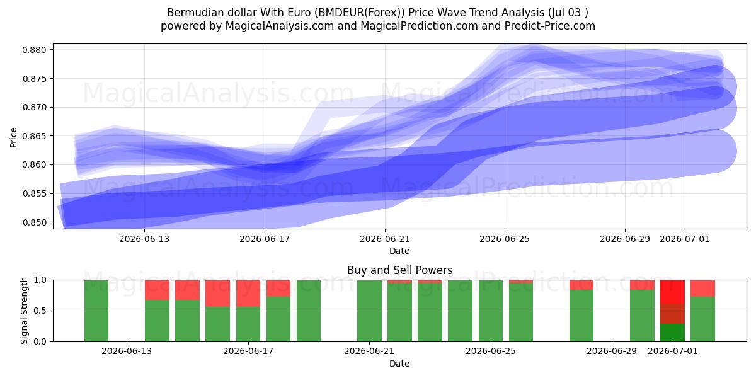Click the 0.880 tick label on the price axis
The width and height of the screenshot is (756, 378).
coord(35,50)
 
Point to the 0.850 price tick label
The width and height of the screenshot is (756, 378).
coord(35,223)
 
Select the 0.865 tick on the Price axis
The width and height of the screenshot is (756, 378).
coord(35,136)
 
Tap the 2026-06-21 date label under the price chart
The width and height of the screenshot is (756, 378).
coord(385,239)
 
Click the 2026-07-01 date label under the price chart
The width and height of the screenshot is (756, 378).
coord(685,239)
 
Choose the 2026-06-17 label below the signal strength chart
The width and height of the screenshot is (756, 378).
coord(248,352)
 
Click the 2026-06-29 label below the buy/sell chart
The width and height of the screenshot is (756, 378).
coord(612,352)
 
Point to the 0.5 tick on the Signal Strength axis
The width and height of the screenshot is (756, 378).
coord(40,311)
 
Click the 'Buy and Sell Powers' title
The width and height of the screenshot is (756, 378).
coord(399,270)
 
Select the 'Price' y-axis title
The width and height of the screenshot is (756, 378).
coord(13,137)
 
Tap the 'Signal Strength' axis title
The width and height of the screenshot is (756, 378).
coord(24,311)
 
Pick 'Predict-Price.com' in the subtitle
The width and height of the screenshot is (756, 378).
coord(550,26)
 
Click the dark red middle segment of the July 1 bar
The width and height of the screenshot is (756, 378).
coord(673,314)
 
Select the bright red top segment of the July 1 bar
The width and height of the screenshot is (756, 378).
coord(673,292)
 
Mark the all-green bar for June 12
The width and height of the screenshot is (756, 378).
coord(96,311)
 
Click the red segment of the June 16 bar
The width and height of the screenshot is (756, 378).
coord(248,294)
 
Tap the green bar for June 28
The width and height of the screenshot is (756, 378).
coord(581,316)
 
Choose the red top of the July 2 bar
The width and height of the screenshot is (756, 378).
coord(702,289)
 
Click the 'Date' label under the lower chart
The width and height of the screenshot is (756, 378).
coord(399,364)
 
